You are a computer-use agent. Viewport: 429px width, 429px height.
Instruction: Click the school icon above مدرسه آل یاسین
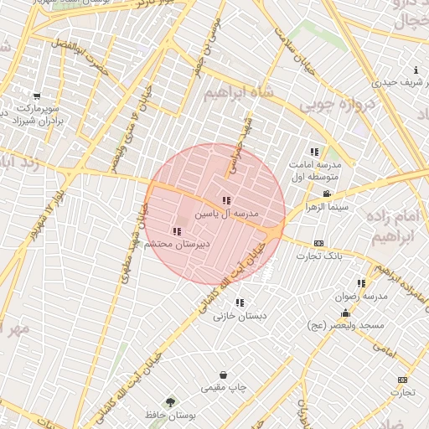coord(226,201)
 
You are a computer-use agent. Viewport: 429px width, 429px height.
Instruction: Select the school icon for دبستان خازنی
coord(240,302)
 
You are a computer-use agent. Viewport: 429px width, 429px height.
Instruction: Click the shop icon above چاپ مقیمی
coord(223,375)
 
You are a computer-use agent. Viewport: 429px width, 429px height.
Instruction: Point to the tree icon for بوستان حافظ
coord(172,402)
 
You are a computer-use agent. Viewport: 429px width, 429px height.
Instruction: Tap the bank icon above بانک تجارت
coord(319,242)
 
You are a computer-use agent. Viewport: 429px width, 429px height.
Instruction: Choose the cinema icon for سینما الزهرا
coord(326,194)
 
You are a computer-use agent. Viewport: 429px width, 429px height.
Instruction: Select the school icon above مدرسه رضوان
coord(361,284)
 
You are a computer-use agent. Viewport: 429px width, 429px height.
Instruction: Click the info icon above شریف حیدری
coord(416,70)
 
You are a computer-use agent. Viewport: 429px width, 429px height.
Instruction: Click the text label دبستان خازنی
coord(240,316)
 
